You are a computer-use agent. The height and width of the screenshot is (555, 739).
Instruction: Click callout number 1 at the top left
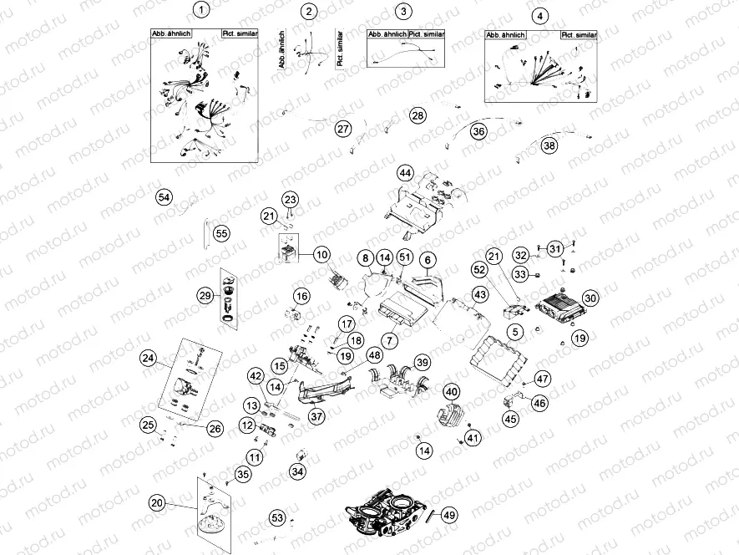(x=200, y=11)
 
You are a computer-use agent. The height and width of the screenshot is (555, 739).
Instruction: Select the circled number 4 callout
(x=541, y=16)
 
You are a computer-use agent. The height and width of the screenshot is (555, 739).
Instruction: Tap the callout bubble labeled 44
(x=405, y=173)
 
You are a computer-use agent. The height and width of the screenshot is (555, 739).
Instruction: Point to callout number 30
(x=590, y=298)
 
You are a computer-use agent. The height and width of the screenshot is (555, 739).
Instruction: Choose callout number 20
(x=157, y=502)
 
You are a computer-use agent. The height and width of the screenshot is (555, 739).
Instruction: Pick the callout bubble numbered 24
(x=149, y=359)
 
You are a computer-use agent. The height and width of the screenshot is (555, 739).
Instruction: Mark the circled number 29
(x=205, y=296)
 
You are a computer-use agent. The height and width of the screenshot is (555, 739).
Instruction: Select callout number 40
(x=451, y=391)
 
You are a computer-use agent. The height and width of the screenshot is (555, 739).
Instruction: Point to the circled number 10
(x=322, y=254)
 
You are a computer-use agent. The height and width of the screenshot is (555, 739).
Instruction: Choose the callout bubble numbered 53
(x=278, y=518)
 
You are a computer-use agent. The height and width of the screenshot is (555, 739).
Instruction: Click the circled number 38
(x=549, y=145)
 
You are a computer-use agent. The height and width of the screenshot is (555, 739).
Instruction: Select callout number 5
(x=515, y=332)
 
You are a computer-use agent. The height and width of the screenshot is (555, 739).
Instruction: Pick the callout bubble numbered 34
(x=298, y=471)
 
